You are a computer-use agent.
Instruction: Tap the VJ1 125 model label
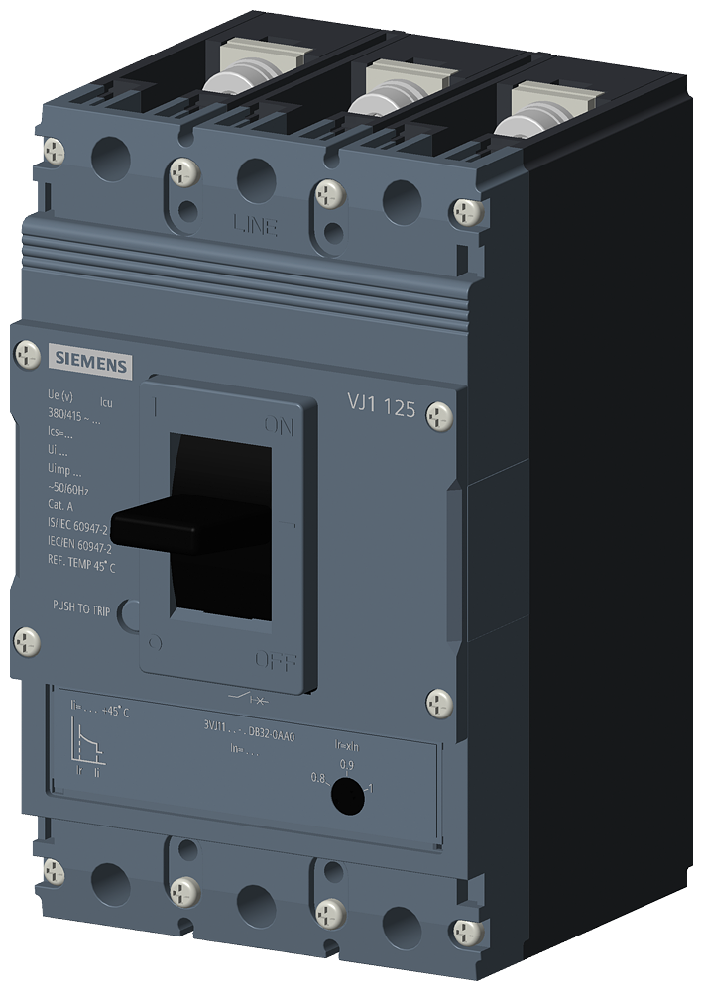(381, 404)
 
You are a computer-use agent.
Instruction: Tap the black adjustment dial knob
(345, 796)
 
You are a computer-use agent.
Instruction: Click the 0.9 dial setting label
(346, 764)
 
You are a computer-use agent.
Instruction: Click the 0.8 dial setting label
(317, 778)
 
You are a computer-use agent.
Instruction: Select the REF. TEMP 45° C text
(81, 568)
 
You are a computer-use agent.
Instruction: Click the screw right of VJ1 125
(440, 417)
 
